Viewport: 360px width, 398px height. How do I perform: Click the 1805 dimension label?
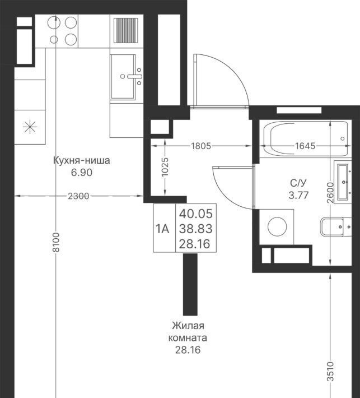(x=201, y=146)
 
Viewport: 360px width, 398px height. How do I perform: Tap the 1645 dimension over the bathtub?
(x=305, y=146)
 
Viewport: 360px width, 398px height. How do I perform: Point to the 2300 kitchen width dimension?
(x=78, y=196)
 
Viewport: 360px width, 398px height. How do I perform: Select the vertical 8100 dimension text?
(x=56, y=242)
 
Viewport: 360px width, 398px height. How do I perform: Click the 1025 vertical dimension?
(x=165, y=167)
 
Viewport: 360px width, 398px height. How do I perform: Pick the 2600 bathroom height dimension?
(x=330, y=193)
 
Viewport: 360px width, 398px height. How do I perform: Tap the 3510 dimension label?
(x=330, y=372)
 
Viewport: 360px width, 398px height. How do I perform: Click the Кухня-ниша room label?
(x=82, y=161)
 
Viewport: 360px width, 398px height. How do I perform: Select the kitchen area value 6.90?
(x=82, y=173)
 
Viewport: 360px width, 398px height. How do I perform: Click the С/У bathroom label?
(x=298, y=183)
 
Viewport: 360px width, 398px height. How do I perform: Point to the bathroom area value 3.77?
(x=298, y=195)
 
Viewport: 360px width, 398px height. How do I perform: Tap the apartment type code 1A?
(x=162, y=229)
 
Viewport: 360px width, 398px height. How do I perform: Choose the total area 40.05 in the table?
(x=196, y=214)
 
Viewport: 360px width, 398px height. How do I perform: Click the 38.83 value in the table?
(x=196, y=229)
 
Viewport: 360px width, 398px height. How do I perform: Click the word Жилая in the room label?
(x=188, y=326)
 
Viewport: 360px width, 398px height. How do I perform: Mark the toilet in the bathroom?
(x=336, y=226)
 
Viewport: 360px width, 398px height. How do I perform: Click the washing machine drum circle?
(x=277, y=226)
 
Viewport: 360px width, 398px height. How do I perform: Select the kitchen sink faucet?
(x=134, y=76)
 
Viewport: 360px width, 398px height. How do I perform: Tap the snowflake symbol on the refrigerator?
(x=30, y=126)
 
